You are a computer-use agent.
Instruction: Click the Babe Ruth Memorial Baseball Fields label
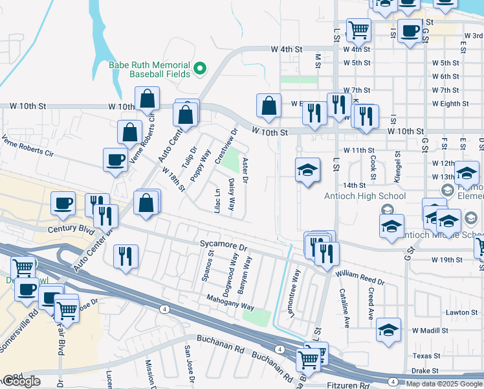click(x=159, y=70)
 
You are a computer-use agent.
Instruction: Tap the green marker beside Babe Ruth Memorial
click(x=200, y=67)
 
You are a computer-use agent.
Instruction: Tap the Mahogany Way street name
click(x=230, y=298)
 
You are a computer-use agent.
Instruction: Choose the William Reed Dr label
click(x=360, y=278)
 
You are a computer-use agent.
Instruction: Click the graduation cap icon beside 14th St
click(x=308, y=171)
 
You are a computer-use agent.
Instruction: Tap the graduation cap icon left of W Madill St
click(x=388, y=329)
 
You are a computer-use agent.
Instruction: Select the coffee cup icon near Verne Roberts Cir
click(x=116, y=159)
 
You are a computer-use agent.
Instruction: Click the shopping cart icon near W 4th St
click(x=358, y=29)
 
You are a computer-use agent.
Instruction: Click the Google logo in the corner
click(x=21, y=381)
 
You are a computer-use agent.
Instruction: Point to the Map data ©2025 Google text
click(x=444, y=384)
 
